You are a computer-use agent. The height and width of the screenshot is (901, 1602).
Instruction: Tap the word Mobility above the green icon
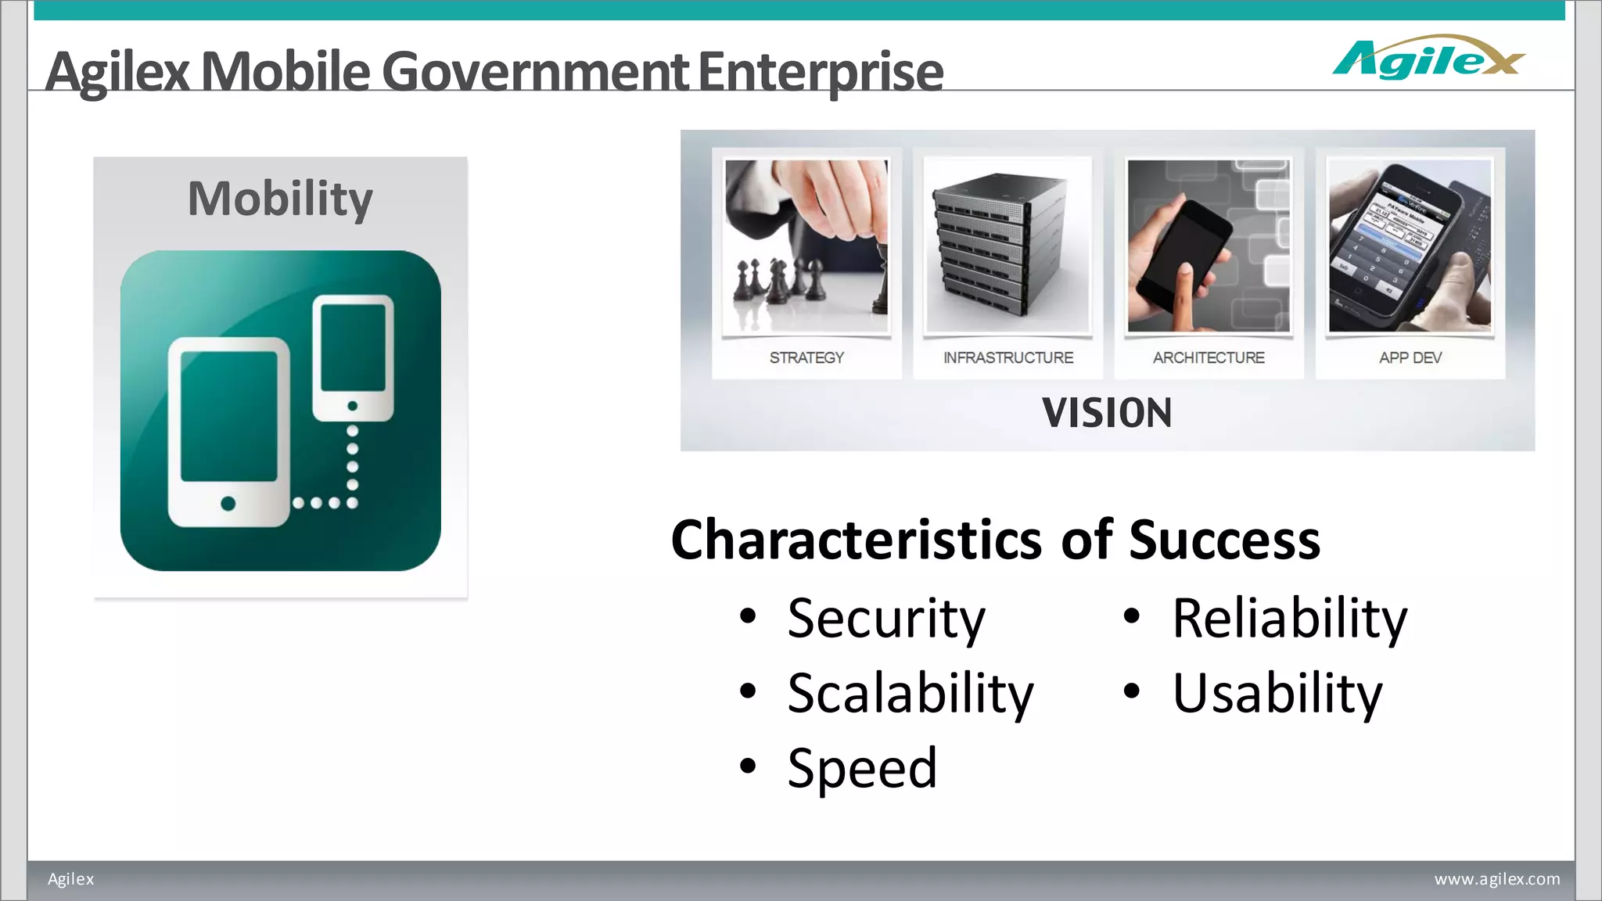click(280, 199)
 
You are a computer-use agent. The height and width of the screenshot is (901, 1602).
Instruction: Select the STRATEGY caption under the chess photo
click(806, 357)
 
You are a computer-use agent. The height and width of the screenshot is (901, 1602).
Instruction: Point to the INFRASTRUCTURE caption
click(1008, 357)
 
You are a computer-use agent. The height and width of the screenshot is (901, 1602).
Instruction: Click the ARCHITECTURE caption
click(1209, 357)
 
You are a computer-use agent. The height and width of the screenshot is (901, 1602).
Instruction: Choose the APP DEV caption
click(1410, 357)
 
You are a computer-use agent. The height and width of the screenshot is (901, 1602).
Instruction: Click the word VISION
click(1107, 413)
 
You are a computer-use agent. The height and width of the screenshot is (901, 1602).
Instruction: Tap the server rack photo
click(1008, 244)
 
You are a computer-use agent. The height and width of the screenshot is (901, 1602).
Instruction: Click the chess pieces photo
click(806, 244)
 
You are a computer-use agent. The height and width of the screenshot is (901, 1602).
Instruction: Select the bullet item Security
click(885, 619)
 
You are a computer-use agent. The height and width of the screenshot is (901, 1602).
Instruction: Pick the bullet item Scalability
click(910, 694)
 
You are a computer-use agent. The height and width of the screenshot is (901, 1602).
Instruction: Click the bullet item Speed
click(862, 768)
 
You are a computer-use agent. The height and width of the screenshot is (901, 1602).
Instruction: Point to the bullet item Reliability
click(1289, 619)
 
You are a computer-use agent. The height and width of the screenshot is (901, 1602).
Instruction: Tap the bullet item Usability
click(1277, 694)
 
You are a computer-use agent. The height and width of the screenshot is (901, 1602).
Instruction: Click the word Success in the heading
click(1224, 540)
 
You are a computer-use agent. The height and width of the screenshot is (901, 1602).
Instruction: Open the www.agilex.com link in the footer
click(1496, 879)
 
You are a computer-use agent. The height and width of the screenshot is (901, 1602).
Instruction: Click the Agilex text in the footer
click(70, 879)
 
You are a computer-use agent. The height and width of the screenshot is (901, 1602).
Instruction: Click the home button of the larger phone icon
click(228, 503)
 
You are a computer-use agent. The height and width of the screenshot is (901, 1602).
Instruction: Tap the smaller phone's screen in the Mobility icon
click(353, 348)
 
